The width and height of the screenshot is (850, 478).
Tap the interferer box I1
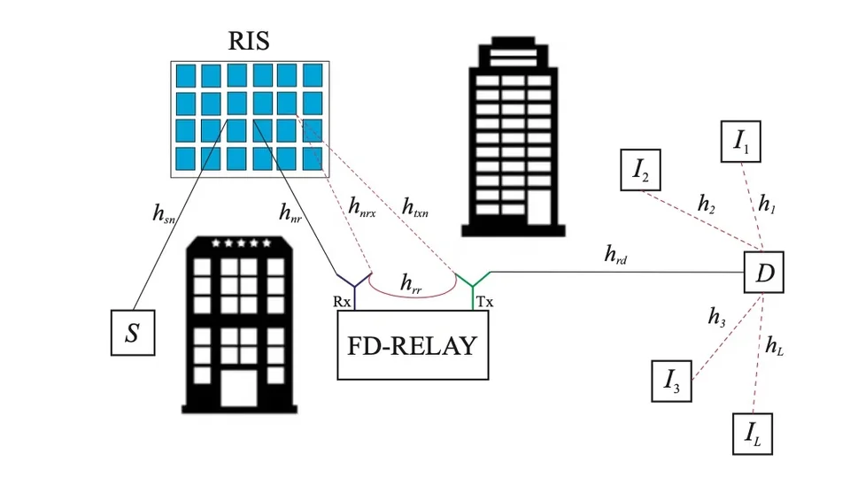tap(740, 143)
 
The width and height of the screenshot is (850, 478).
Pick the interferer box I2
tap(641, 171)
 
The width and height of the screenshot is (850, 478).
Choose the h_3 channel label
tap(717, 316)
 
